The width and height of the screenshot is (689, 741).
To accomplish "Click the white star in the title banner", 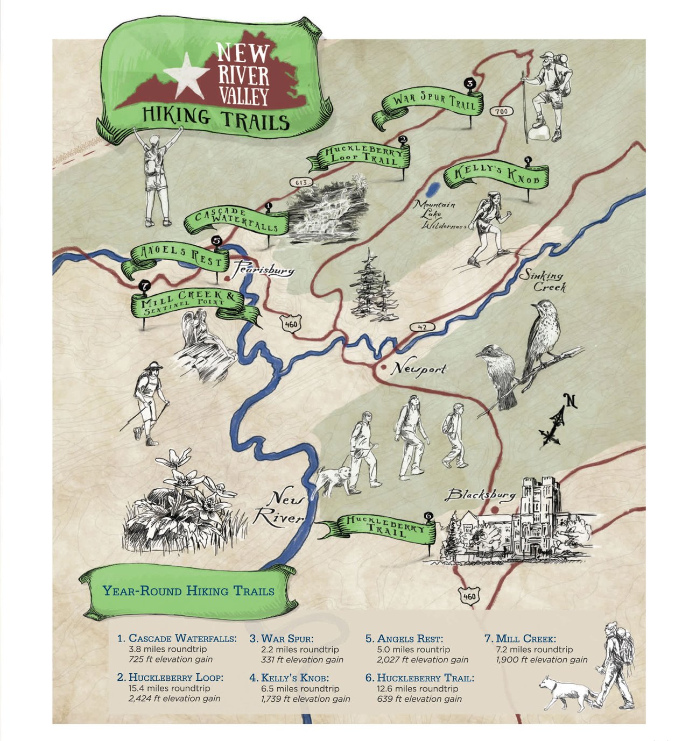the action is click(x=186, y=74).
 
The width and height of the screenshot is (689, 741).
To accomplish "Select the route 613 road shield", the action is click(x=301, y=183).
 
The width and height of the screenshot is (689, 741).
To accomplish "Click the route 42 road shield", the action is click(x=421, y=327).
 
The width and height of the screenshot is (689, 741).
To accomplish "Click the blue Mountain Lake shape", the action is click(x=432, y=190).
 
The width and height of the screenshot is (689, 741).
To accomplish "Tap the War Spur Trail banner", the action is click(x=434, y=102).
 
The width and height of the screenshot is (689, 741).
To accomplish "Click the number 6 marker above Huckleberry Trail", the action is click(x=428, y=516).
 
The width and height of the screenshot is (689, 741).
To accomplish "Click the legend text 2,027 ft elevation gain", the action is click(x=423, y=660).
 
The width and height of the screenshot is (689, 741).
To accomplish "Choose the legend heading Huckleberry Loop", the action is click(x=175, y=678).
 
